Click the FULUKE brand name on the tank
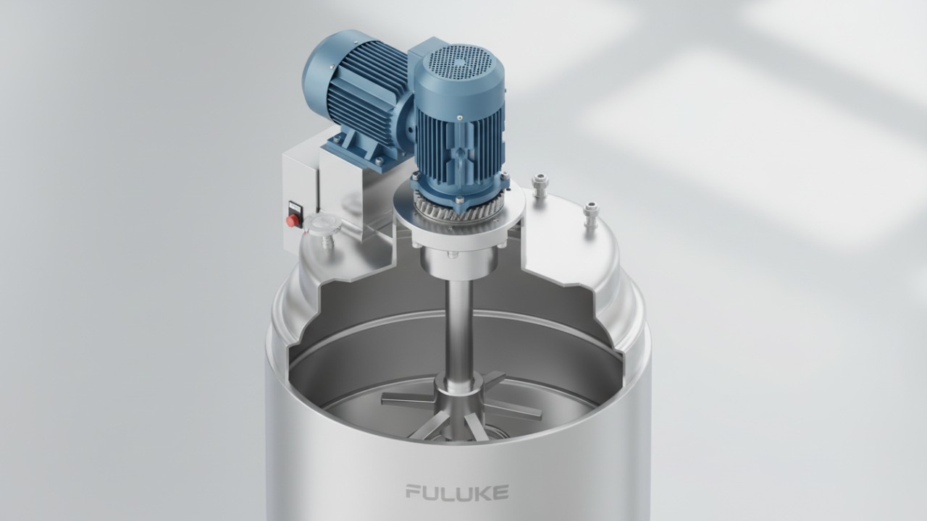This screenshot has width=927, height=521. click(x=456, y=493)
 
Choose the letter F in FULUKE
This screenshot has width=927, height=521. click(x=413, y=493)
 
